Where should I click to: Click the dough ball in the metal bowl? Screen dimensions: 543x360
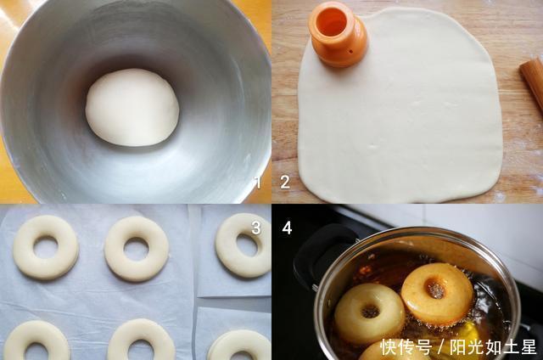coord(132,108)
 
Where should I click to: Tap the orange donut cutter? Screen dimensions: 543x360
coord(337,35)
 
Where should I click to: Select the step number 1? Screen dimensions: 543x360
coord(258,182)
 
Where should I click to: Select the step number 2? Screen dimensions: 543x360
coord(285,182)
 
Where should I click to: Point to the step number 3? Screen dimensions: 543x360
coord(256,228)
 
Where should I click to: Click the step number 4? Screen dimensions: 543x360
coord(287,228)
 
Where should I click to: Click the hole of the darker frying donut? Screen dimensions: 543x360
coord(435,290)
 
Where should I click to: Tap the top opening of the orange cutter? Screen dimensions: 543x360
coord(333,21)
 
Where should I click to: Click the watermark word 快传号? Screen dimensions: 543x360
coord(406,346)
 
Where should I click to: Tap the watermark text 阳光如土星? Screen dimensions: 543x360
coord(494,346)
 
